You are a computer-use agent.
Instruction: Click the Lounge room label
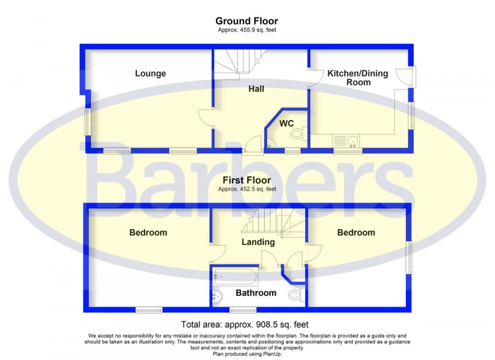[x=150, y=73]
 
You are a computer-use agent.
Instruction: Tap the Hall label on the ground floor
[x=256, y=89]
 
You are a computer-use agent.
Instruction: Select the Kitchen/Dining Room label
[x=358, y=78]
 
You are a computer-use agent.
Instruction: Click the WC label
[x=287, y=123]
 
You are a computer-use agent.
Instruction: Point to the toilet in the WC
[x=299, y=133]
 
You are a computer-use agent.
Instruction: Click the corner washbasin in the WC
[x=271, y=144]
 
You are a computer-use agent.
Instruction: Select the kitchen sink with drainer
[x=346, y=141]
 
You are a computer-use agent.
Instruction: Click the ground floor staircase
[x=240, y=62]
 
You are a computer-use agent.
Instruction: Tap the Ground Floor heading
[x=246, y=21]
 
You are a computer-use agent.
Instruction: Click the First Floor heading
[x=246, y=180]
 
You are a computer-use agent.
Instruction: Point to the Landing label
[x=258, y=242]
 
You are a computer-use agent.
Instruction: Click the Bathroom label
[x=256, y=293]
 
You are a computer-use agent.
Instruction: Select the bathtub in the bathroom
[x=235, y=277]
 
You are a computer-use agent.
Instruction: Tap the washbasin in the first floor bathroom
[x=218, y=297]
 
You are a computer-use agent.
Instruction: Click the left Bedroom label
[x=148, y=233]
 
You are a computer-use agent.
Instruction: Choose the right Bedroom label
[x=356, y=233]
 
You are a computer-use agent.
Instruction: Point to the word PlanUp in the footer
[x=272, y=354]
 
